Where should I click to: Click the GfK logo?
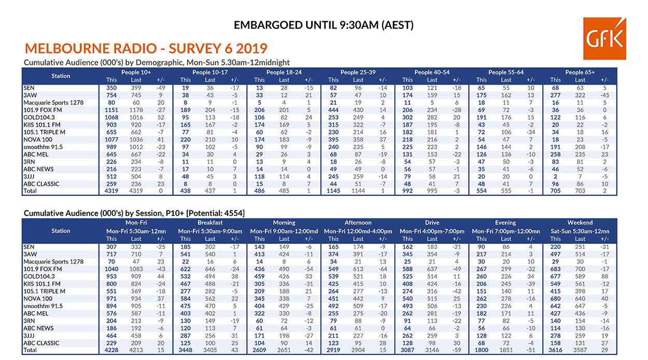coord(603,39)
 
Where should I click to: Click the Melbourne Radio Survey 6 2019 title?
coord(146,49)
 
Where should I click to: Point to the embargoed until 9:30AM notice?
coord(323,25)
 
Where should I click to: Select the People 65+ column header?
coord(580,72)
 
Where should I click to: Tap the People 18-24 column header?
coord(284,72)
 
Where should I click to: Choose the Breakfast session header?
coord(210,223)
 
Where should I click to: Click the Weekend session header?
coord(580,223)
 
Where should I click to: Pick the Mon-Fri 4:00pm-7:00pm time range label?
coord(432,231)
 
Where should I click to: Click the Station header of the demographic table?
coord(61,76)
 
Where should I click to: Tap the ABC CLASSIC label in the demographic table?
coord(41,184)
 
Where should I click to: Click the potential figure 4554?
coord(234,213)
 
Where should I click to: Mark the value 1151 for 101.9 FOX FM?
coord(111,110)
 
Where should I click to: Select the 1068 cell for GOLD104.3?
coord(111,118)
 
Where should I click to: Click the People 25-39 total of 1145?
coord(333,191)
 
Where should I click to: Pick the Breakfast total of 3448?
coord(186,350)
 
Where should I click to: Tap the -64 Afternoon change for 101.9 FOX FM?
coord(383,269)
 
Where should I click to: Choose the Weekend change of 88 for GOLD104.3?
coord(604,276)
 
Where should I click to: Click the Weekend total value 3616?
coord(555,350)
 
